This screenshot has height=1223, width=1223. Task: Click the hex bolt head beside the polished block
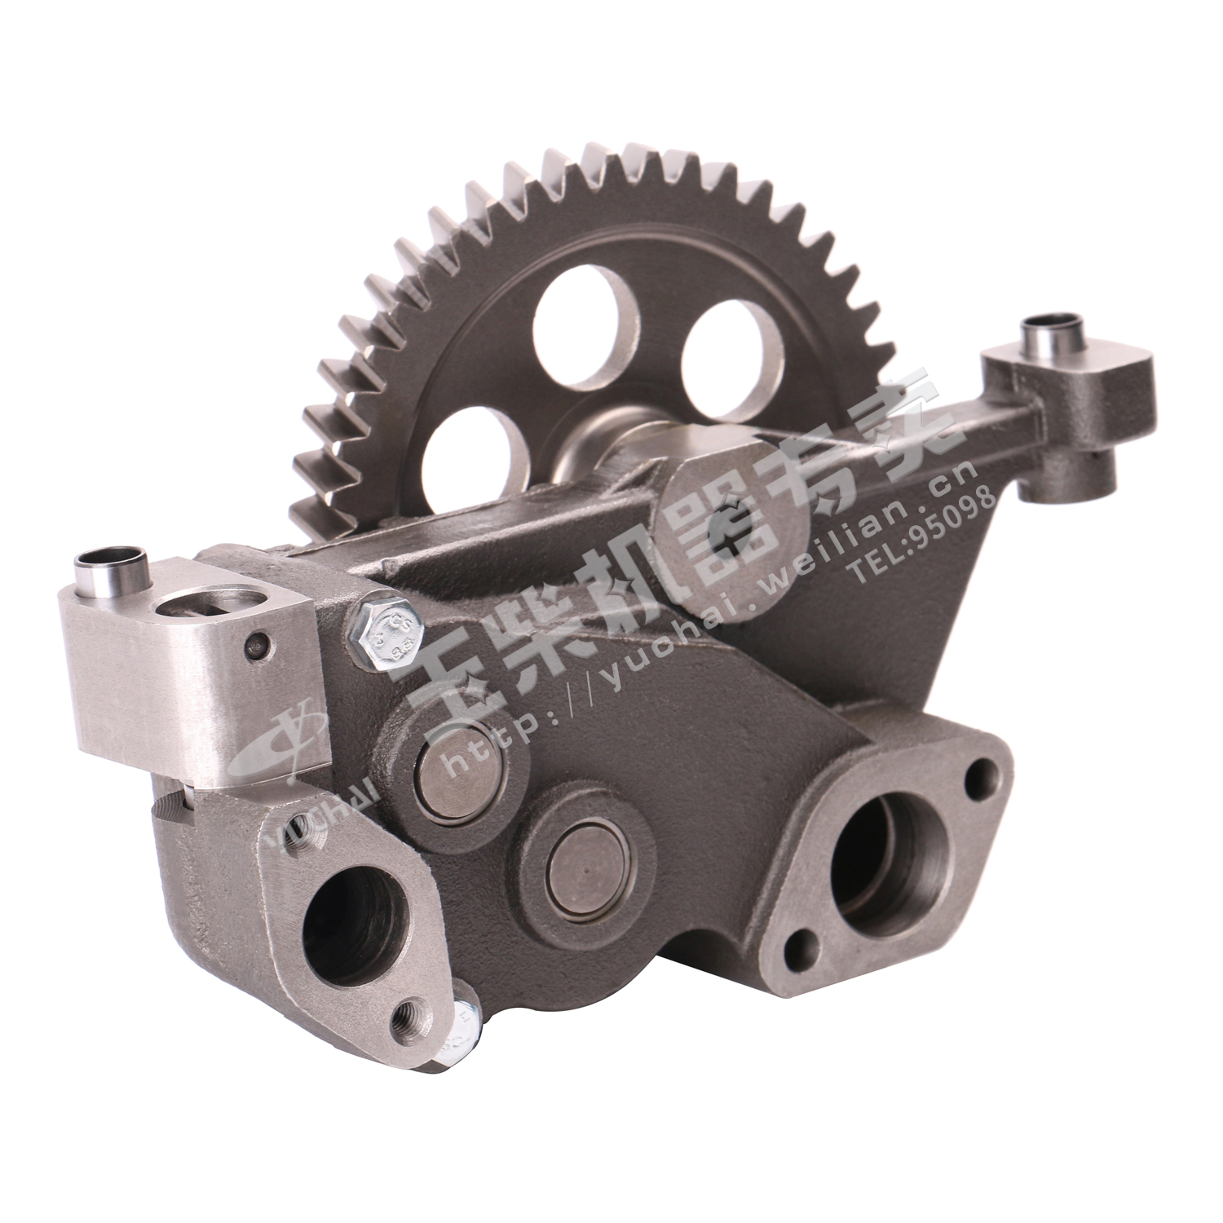pos(382,635)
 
